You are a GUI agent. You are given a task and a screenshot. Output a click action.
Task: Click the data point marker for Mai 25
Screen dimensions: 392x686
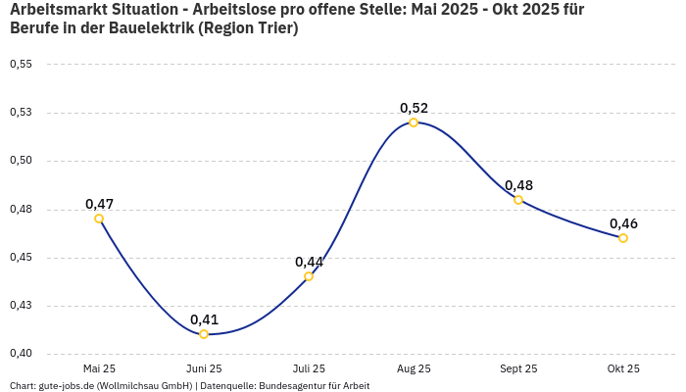99,219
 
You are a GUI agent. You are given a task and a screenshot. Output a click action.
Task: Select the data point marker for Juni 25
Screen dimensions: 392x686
204,334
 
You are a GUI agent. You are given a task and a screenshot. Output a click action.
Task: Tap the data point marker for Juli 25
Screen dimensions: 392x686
309,276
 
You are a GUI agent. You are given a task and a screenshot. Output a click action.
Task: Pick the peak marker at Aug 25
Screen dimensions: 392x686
414,122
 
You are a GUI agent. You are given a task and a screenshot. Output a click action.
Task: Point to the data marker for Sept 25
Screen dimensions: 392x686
518,200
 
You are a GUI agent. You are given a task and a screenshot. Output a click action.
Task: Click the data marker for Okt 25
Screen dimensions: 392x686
623,238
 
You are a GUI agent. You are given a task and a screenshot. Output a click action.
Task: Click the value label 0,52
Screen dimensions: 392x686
414,108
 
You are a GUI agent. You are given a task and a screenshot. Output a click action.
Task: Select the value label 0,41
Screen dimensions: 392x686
204,319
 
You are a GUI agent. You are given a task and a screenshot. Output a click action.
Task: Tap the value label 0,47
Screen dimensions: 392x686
99,204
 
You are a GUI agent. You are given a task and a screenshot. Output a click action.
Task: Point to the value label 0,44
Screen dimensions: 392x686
309,262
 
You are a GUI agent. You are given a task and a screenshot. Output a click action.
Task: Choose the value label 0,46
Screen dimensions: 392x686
623,223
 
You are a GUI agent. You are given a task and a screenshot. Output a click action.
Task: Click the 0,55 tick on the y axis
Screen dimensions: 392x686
21,65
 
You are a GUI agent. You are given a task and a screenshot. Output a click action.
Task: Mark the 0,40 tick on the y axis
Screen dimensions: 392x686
21,354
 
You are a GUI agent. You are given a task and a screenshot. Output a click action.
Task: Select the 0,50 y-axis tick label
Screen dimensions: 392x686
21,161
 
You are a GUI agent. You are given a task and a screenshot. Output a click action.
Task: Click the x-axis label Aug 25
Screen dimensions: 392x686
414,369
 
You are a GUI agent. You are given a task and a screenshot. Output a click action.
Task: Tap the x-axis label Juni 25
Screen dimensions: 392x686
204,369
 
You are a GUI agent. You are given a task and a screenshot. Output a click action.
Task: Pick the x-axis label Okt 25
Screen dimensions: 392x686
623,369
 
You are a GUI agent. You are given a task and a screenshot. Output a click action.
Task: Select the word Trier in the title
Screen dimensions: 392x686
271,28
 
